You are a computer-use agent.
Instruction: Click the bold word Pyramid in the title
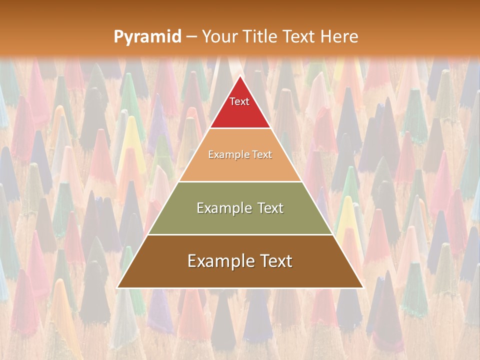[147, 37]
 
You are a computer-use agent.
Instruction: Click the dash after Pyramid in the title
[191, 37]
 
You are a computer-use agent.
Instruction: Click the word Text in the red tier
[239, 101]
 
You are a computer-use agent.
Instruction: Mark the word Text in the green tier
[271, 208]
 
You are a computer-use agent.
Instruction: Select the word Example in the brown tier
[220, 261]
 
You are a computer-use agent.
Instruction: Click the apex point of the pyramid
[240, 76]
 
